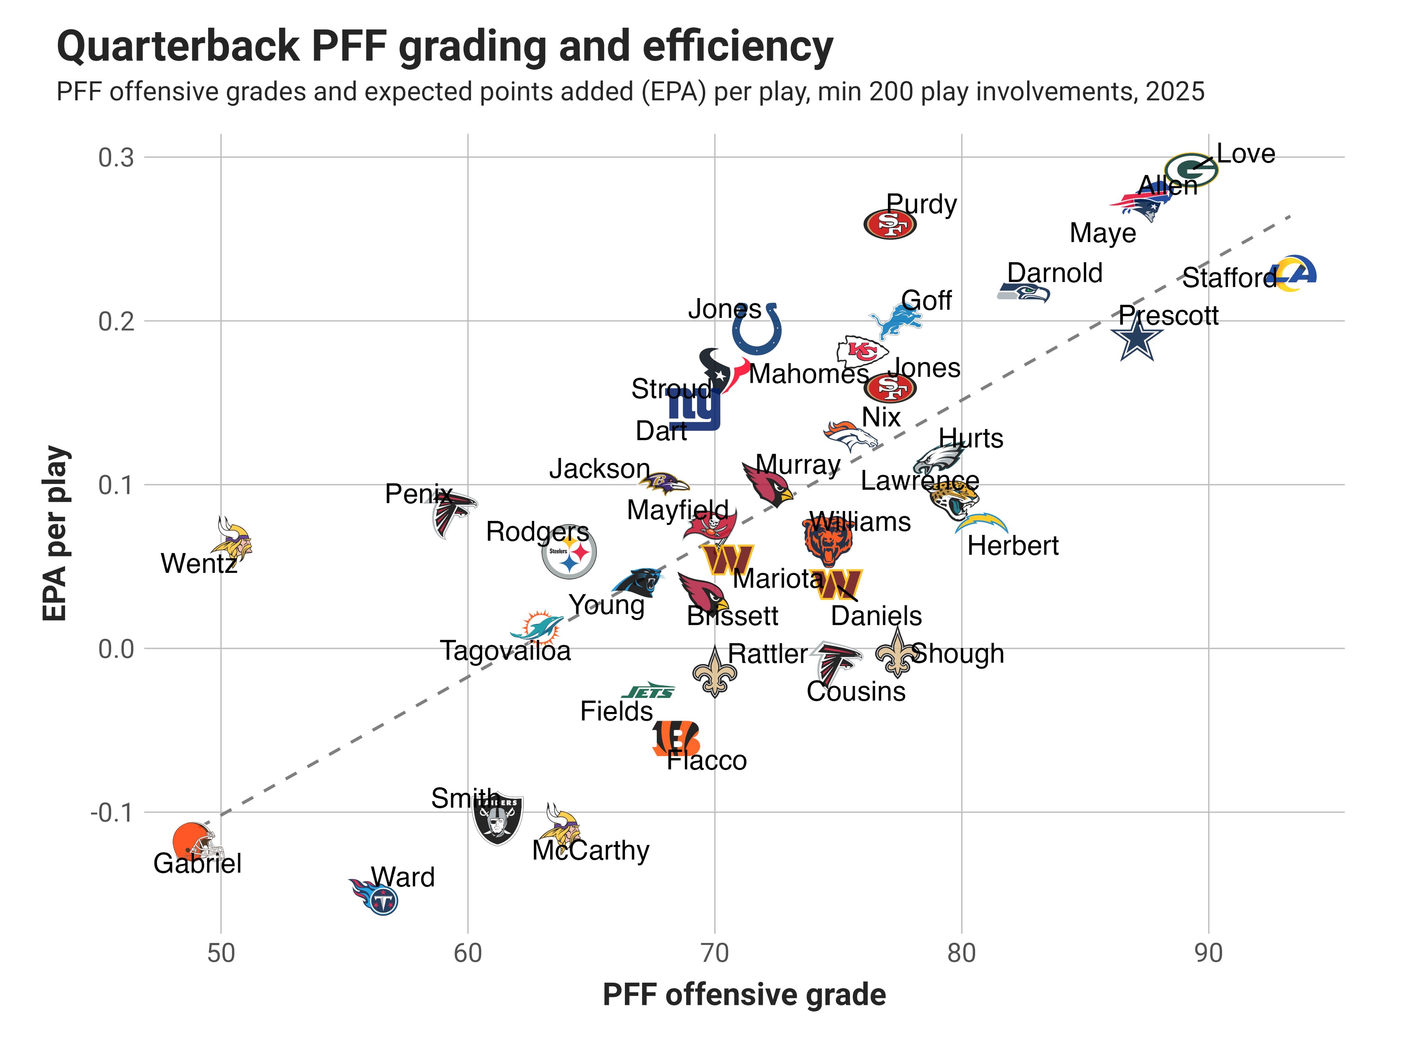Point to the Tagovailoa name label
[506, 651]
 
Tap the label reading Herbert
[1013, 546]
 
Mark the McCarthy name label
[590, 851]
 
